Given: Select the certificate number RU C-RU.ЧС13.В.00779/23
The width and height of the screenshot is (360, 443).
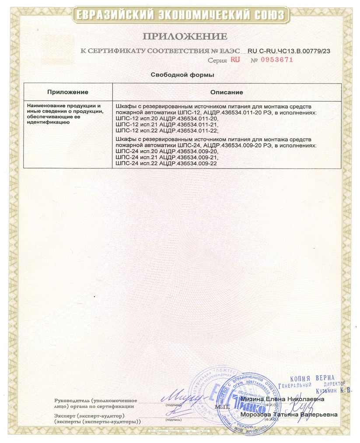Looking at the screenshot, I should [289, 51].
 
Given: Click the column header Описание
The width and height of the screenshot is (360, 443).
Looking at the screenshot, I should [227, 92].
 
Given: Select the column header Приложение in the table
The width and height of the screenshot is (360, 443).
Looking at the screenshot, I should [68, 92].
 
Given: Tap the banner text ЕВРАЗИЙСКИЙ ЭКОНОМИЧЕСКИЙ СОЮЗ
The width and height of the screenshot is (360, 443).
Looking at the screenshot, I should [180, 16].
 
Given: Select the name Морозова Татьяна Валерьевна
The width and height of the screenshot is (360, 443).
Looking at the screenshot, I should [289, 415].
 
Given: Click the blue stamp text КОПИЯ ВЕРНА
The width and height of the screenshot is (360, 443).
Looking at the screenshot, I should [313, 378].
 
